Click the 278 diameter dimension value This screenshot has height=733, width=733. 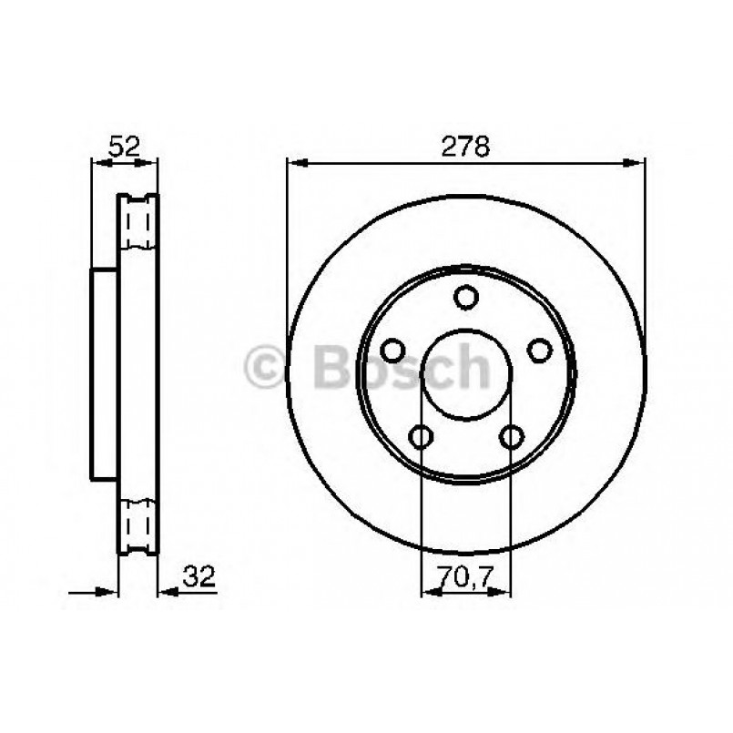point(466,146)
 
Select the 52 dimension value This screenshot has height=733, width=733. point(124,146)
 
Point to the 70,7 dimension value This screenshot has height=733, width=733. point(465,576)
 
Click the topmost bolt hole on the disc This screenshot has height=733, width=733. point(465,298)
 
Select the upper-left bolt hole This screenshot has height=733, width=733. point(393,351)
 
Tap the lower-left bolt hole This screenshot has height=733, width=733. point(421,437)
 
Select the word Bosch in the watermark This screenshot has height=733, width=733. point(401,369)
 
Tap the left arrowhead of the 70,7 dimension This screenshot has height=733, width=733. point(426,593)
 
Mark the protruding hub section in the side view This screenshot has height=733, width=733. point(106,373)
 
